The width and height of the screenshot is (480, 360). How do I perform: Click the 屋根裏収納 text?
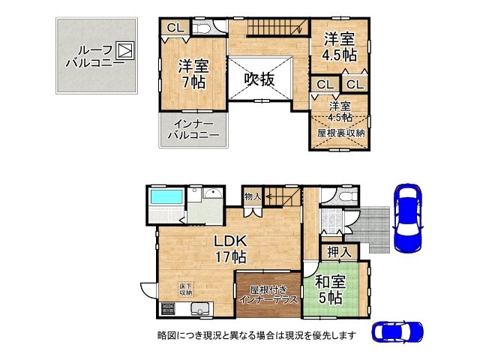[340, 132]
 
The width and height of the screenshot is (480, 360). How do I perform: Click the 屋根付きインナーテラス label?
[268, 293]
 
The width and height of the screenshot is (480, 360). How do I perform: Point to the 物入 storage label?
[253, 196]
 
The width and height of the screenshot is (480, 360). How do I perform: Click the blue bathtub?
[166, 200]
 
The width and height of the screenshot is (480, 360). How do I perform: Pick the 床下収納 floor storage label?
[185, 289]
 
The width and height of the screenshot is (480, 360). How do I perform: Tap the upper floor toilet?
[201, 28]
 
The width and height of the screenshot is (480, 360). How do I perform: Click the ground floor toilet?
[342, 196]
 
